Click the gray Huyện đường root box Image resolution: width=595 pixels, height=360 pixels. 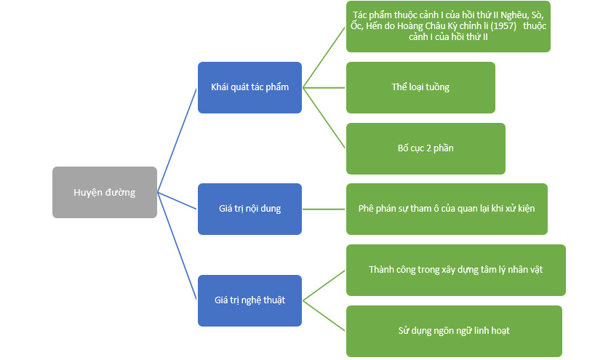click(104, 192)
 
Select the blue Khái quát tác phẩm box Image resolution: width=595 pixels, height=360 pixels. click(249, 87)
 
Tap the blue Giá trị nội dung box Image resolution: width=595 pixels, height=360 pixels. click(249, 209)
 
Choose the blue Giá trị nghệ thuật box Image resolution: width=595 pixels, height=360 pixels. click(249, 300)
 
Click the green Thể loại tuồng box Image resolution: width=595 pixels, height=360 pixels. click(420, 87)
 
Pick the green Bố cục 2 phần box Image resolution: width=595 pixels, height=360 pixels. click(426, 148)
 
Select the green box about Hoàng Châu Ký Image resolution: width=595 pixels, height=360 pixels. click(448, 26)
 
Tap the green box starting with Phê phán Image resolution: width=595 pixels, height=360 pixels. click(447, 209)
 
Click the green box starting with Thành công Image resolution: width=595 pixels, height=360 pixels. click(455, 270)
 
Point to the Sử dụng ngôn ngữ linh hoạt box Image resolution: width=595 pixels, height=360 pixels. click(454, 331)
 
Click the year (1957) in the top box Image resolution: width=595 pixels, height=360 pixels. click(498, 26)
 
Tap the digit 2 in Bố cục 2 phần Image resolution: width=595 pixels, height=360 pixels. click(429, 148)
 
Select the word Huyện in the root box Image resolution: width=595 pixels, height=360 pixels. click(89, 192)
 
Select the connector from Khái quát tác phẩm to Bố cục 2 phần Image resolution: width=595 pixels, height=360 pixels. click(324, 117)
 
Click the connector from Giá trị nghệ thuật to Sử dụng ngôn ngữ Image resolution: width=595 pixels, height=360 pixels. click(324, 315)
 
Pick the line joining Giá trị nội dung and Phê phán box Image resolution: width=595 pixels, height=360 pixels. click(324, 209)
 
